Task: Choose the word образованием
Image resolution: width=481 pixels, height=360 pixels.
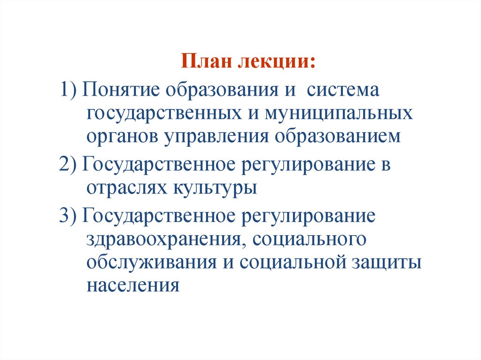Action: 337,137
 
